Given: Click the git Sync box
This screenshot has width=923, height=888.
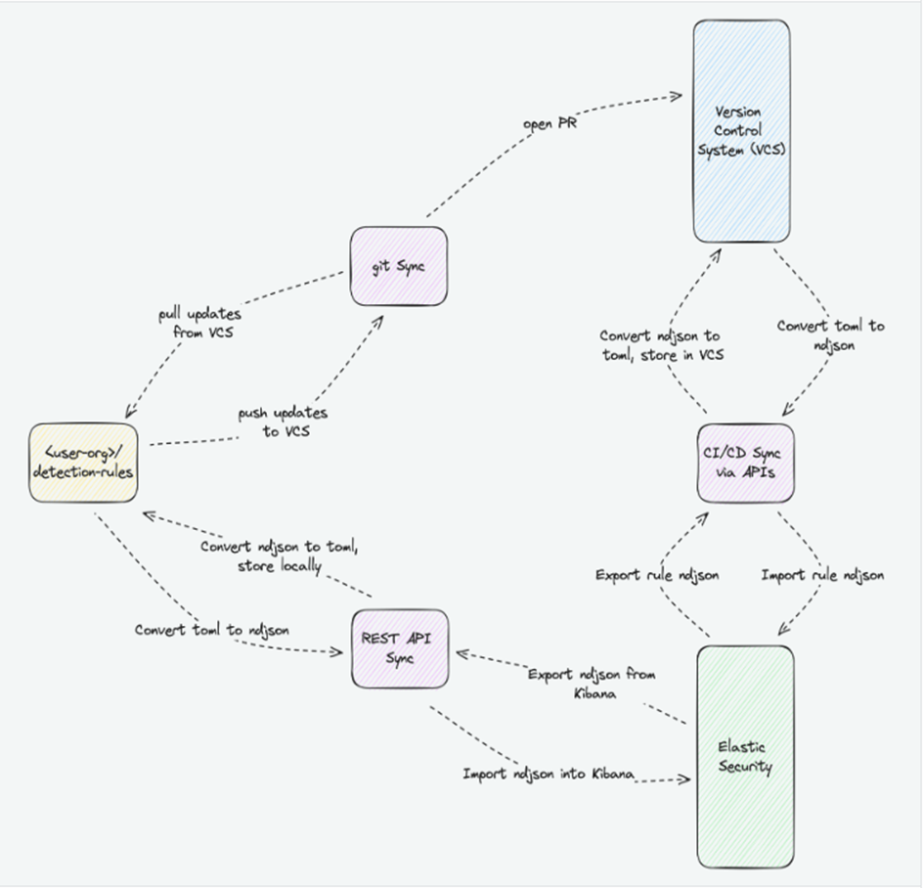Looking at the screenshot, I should tap(399, 265).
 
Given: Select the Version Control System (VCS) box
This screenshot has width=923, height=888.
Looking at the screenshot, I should tap(741, 131).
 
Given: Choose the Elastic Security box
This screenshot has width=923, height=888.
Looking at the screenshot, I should tap(744, 756).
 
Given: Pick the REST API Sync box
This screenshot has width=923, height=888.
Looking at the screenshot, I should tap(400, 648).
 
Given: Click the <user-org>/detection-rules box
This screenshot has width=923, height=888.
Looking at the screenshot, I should tap(81, 462).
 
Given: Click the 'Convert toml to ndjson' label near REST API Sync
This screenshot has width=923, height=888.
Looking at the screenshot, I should tap(211, 630).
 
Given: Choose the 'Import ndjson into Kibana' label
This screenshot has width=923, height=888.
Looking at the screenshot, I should tap(549, 774).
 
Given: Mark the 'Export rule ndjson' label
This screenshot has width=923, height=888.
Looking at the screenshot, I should tap(657, 575).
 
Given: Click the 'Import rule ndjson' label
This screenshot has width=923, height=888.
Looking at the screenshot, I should tap(822, 575).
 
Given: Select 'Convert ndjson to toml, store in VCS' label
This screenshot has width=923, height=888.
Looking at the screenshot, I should tap(661, 344).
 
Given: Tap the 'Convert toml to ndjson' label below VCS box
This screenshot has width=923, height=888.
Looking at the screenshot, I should tap(830, 334).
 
